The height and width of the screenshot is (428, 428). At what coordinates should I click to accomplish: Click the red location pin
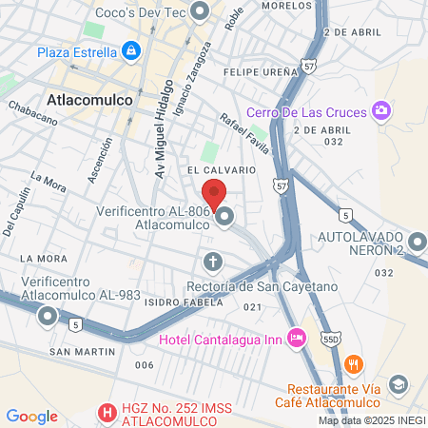coord(215,193)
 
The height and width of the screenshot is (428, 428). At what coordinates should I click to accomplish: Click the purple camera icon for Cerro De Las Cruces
coord(380,112)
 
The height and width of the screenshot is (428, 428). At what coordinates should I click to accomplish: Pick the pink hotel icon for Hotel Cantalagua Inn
coord(297,337)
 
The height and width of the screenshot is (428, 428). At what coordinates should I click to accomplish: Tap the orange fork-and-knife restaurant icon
coord(353,363)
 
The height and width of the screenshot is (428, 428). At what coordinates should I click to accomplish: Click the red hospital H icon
coord(107,414)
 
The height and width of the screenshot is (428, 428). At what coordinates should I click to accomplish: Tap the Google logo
coord(31,416)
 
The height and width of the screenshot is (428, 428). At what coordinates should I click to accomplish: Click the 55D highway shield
coord(330,338)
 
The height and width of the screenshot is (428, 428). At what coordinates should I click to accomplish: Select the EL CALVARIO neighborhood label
coord(223,169)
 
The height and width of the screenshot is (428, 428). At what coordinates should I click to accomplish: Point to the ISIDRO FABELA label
coord(184,302)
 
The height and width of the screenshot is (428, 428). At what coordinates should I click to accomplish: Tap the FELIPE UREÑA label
coord(254,71)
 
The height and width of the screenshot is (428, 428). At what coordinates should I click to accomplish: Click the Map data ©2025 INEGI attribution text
coord(371,419)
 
